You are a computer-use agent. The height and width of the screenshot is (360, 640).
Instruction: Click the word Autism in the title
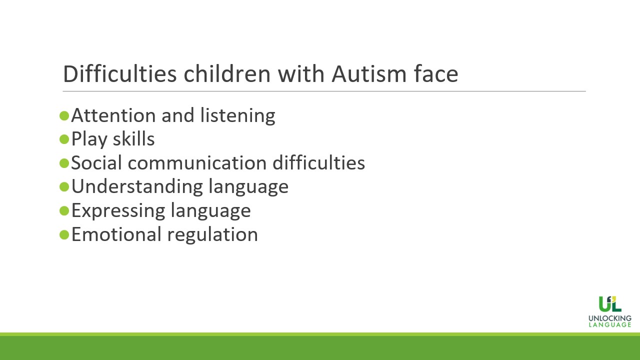[369, 74]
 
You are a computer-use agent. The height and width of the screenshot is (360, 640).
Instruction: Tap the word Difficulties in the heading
[119, 73]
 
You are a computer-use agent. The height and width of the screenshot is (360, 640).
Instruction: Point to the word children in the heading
[227, 73]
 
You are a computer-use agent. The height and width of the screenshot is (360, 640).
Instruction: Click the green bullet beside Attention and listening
[64, 116]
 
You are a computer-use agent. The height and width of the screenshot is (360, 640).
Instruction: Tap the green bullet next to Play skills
[64, 139]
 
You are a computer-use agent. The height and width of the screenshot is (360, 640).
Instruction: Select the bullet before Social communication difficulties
[64, 163]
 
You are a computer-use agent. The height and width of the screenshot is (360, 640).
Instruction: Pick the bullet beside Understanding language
[64, 187]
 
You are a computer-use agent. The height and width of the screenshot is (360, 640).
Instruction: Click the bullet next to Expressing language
[64, 211]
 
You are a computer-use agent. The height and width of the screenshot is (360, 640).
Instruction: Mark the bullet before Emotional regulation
[64, 234]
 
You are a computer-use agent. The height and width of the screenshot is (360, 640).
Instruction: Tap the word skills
[133, 139]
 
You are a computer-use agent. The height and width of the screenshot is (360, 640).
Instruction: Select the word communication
[197, 163]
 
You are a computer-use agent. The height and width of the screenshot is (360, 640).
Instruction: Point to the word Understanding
[136, 187]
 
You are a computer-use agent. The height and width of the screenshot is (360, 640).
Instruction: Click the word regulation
[212, 235]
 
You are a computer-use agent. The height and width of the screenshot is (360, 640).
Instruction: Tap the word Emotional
[116, 234]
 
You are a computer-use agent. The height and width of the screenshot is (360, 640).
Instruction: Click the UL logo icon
[610, 304]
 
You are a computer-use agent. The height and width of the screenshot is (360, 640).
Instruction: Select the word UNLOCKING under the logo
[610, 318]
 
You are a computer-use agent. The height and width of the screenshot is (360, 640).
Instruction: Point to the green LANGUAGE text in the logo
[610, 325]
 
